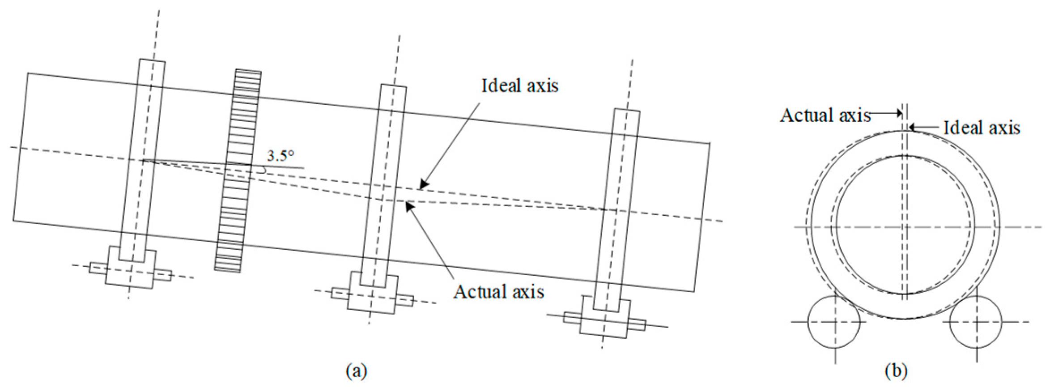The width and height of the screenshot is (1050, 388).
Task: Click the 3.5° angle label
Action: tap(281, 156)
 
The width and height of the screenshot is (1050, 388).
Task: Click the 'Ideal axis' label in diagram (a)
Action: tap(519, 85)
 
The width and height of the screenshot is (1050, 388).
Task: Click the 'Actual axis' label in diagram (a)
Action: tap(498, 292)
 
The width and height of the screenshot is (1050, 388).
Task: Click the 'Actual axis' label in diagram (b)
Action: tap(825, 115)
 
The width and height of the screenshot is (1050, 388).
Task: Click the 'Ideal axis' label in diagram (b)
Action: tap(982, 128)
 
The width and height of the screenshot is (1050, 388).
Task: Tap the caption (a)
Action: tap(356, 371)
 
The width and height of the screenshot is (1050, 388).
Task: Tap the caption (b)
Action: tap(896, 371)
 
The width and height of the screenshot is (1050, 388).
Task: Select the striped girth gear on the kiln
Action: tap(238, 170)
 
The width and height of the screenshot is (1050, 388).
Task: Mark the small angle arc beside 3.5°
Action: tap(264, 170)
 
